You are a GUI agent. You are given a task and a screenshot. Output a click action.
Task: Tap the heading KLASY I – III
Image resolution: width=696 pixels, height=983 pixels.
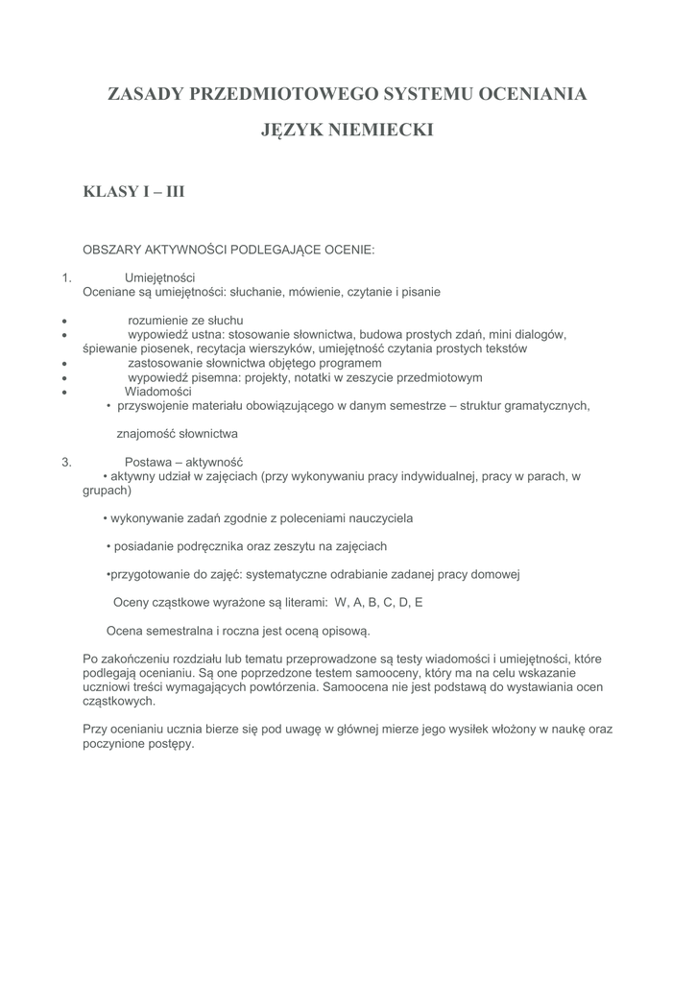[133, 192]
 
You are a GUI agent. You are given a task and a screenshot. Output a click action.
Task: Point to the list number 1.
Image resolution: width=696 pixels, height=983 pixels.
[66, 277]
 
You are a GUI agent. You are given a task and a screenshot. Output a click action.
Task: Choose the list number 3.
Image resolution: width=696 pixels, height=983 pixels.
[66, 462]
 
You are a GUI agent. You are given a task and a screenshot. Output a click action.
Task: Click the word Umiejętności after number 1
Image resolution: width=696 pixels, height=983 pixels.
[159, 277]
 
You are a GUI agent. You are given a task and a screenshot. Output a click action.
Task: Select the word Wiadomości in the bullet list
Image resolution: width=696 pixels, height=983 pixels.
[158, 392]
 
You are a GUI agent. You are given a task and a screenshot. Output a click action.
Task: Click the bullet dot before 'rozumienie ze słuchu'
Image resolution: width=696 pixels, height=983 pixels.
[63, 321]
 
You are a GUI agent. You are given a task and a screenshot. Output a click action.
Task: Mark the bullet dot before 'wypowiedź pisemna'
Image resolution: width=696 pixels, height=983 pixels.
[63, 378]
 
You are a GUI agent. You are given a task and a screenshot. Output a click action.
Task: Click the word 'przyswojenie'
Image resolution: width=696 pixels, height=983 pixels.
[152, 405]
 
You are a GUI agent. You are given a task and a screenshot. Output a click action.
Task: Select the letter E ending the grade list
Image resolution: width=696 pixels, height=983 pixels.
[419, 603]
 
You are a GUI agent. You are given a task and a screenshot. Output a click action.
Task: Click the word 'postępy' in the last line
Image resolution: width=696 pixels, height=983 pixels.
[170, 743]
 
